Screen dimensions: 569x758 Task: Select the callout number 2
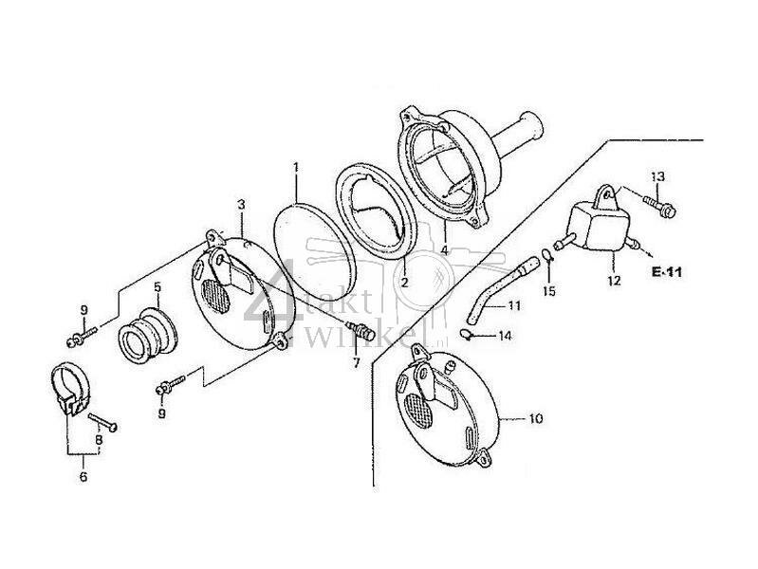click(402, 282)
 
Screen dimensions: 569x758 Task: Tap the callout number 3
click(241, 205)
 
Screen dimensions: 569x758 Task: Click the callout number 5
click(157, 284)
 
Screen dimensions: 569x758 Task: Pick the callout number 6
click(83, 476)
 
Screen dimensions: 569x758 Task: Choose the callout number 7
click(357, 361)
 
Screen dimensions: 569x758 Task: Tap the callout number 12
click(614, 283)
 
